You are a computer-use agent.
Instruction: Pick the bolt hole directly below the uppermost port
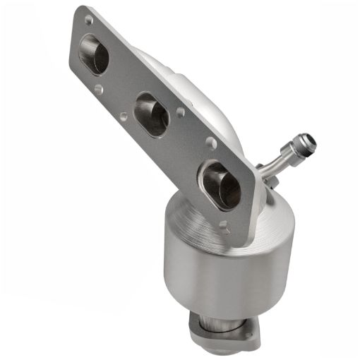tap(98, 90)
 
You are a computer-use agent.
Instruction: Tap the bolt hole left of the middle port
tap(124, 114)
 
